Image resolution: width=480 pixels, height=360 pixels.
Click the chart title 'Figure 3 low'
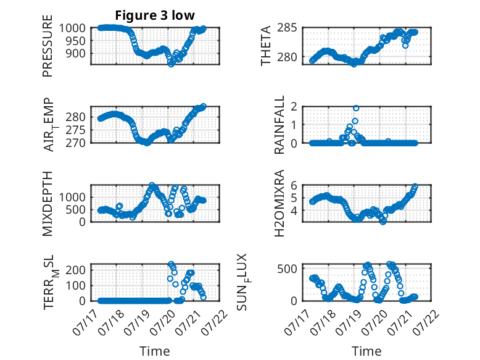point(155,15)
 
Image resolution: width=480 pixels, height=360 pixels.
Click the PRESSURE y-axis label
point(48,46)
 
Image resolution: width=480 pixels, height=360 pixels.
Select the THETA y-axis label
point(266,46)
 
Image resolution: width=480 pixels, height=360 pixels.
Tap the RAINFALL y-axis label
point(279,125)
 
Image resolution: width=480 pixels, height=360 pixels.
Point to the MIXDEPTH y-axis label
point(48,203)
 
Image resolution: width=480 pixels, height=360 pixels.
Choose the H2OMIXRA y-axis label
point(279,203)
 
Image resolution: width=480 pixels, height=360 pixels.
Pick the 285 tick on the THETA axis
point(287,28)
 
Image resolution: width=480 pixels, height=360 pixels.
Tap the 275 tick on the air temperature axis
point(76,130)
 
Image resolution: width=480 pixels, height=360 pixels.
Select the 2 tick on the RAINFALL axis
point(294,107)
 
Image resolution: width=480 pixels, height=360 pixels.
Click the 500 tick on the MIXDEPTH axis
point(76,210)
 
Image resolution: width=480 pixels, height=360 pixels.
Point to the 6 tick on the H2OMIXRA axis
point(294,185)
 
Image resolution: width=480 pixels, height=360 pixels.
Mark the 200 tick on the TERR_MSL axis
point(76,270)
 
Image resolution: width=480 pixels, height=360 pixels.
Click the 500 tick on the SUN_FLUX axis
point(287,269)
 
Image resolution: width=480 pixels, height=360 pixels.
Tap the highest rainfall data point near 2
point(356,108)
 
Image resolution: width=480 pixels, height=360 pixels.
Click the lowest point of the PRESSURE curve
point(171,64)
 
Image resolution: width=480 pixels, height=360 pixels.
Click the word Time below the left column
point(155,351)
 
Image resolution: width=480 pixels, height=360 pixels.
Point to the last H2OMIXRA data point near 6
point(415,186)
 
